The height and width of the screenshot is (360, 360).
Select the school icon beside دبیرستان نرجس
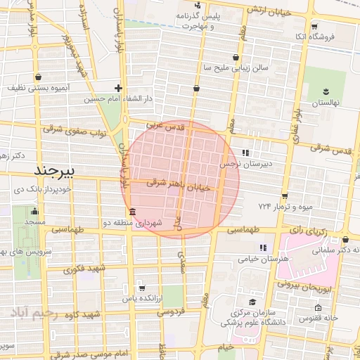tap(245, 152)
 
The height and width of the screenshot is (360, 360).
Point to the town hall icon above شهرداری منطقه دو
tap(132, 212)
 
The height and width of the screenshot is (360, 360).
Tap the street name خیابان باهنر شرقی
tap(179, 184)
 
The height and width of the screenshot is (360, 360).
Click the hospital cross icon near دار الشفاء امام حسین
tap(118, 89)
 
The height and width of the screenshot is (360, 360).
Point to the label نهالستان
tap(326, 103)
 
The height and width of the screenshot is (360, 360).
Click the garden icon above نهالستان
tap(326, 91)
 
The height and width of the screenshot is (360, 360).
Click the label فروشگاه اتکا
tap(333, 35)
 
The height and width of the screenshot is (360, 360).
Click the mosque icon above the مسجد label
tap(34, 211)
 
